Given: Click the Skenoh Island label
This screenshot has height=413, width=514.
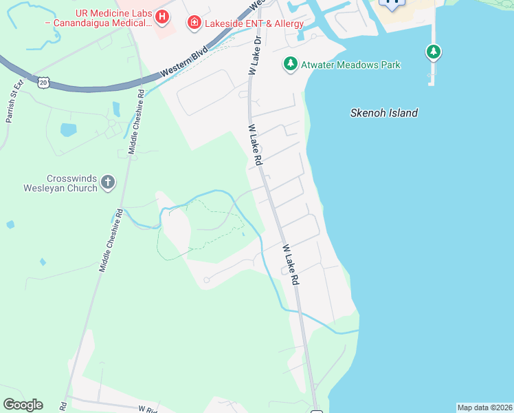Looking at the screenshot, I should tap(383, 113).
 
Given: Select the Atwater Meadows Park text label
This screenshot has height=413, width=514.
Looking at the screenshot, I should tap(350, 65).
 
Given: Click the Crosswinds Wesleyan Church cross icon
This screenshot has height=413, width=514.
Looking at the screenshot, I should tap(107, 182).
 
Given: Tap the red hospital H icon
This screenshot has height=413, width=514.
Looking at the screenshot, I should tap(162, 16).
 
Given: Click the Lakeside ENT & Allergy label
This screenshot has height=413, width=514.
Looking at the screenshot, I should tap(246, 23).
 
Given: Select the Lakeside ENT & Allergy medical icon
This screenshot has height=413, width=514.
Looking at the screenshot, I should tap(194, 23).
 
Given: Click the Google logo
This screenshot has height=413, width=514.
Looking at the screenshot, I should tap(23, 405).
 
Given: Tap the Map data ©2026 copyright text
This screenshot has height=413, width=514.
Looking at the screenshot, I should tap(484, 407).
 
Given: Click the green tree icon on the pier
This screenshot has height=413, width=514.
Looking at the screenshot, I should tap(433, 51).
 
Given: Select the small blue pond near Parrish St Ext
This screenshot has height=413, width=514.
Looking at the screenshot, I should tap(68, 129).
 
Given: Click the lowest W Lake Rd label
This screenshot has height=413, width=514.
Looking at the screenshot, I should tap(292, 264).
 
